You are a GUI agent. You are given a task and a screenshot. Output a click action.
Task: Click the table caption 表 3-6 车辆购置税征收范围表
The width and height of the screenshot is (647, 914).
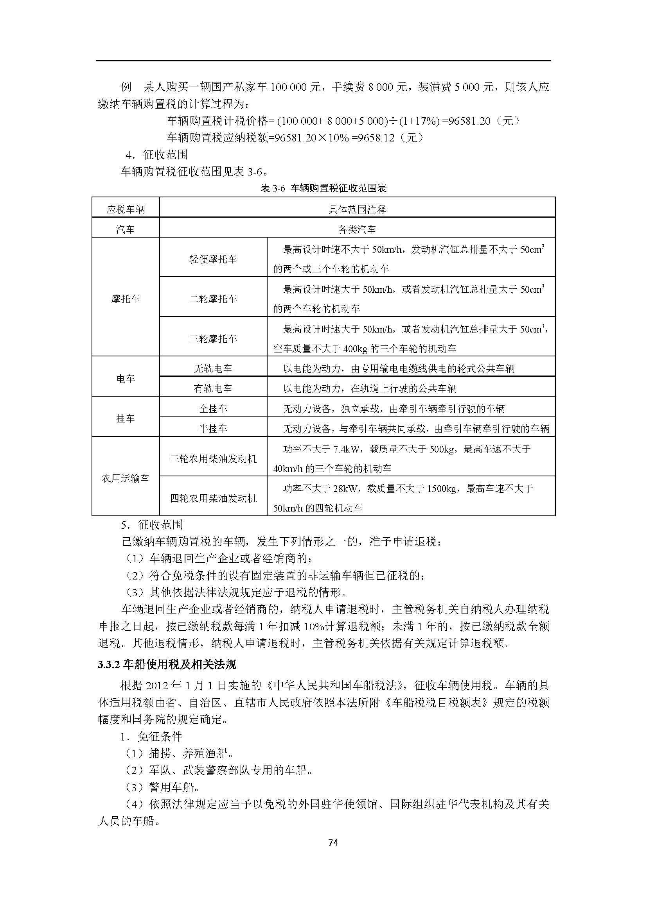coord(323,188)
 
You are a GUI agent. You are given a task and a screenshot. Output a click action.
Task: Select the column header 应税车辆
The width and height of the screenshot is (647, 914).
coord(126,209)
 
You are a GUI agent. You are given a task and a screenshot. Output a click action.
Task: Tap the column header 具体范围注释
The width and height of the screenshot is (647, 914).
coord(357,209)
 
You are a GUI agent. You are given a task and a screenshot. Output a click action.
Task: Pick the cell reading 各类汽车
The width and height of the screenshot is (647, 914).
coord(357,229)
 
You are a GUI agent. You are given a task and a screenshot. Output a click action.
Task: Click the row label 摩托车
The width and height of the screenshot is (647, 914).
coord(126,299)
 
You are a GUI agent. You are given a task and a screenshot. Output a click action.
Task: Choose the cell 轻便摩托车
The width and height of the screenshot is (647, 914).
coord(213,259)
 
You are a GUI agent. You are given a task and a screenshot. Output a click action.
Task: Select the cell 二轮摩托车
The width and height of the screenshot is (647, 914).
coord(213,299)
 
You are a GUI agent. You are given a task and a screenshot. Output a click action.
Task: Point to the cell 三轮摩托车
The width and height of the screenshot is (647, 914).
coord(213,339)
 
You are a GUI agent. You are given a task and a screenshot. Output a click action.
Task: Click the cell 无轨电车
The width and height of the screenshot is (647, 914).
coord(213,368)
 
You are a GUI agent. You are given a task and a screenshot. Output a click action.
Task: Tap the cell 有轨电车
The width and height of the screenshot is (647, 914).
coord(213,388)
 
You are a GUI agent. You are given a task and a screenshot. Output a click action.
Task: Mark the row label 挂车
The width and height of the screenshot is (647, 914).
coord(126,419)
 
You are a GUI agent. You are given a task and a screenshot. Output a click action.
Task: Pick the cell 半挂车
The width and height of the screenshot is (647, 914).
coord(213,429)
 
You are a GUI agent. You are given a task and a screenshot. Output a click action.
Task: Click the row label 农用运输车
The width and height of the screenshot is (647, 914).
coord(126,478)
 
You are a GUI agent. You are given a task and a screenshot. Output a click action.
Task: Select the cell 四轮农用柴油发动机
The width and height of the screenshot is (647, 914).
coord(213,498)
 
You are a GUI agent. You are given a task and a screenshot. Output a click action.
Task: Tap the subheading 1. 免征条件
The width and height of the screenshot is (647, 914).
coord(151,737)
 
